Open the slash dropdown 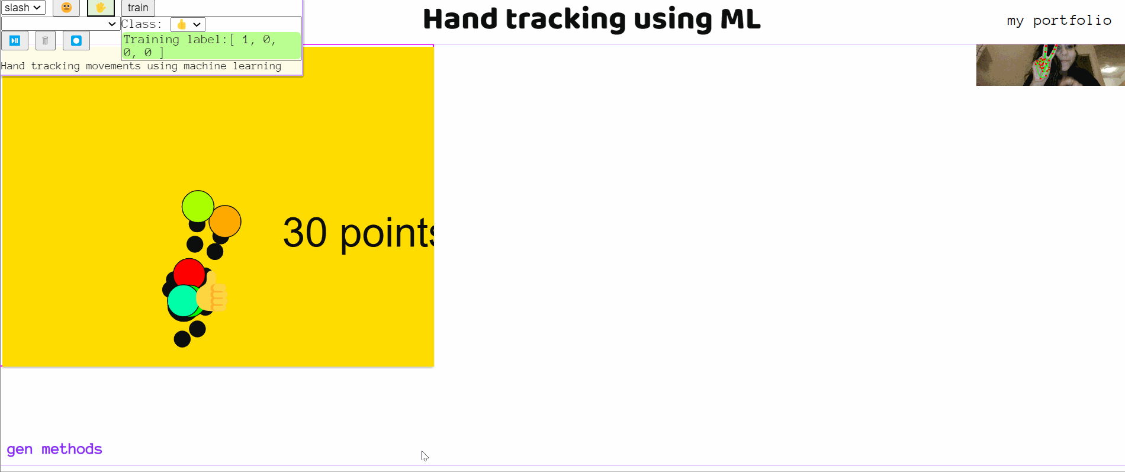pyautogui.click(x=23, y=8)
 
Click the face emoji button pyautogui.click(x=66, y=8)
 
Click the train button pyautogui.click(x=138, y=8)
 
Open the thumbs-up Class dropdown pyautogui.click(x=188, y=24)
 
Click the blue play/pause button pyautogui.click(x=15, y=41)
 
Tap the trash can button pyautogui.click(x=46, y=41)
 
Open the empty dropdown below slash pyautogui.click(x=60, y=24)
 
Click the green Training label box pyautogui.click(x=211, y=46)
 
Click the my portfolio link pyautogui.click(x=1059, y=21)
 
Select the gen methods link pyautogui.click(x=54, y=449)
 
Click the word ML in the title pyautogui.click(x=740, y=20)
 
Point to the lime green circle pyautogui.click(x=198, y=206)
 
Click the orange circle pyautogui.click(x=226, y=221)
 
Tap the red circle pyautogui.click(x=189, y=274)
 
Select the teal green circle pyautogui.click(x=182, y=300)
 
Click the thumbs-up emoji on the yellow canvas pyautogui.click(x=213, y=293)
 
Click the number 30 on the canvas pyautogui.click(x=305, y=232)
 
